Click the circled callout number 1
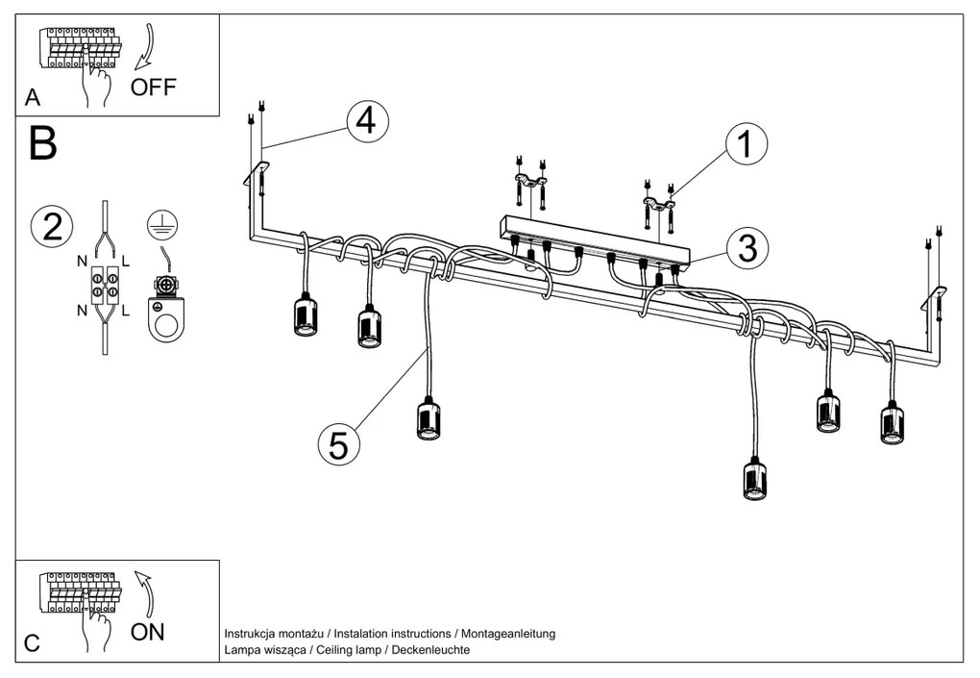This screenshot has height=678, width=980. pyautogui.click(x=746, y=144)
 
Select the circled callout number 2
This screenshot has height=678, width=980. pyautogui.click(x=52, y=226)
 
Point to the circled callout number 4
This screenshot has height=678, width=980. pyautogui.click(x=367, y=121)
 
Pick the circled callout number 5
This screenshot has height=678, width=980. pyautogui.click(x=338, y=443)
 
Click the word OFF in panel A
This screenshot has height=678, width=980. pyautogui.click(x=154, y=88)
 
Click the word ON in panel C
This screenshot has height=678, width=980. pyautogui.click(x=147, y=632)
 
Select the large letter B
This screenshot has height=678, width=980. pyautogui.click(x=44, y=143)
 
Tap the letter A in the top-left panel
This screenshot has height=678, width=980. pyautogui.click(x=34, y=97)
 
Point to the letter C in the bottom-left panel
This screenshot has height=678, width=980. pyautogui.click(x=33, y=643)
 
